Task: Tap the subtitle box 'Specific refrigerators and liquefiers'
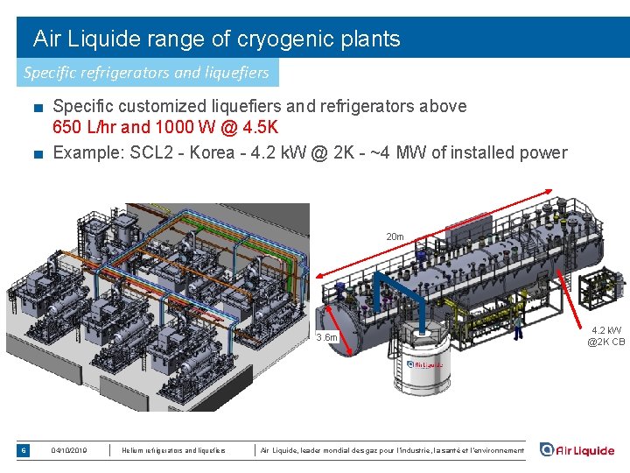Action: point(147,73)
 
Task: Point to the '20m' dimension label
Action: point(395,236)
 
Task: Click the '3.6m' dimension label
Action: point(327,337)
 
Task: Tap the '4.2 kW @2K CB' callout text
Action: point(606,336)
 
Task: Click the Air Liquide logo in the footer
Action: point(577,450)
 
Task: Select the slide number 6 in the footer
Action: point(24,450)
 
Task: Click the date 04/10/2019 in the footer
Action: point(69,451)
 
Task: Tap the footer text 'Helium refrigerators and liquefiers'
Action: point(173,451)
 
